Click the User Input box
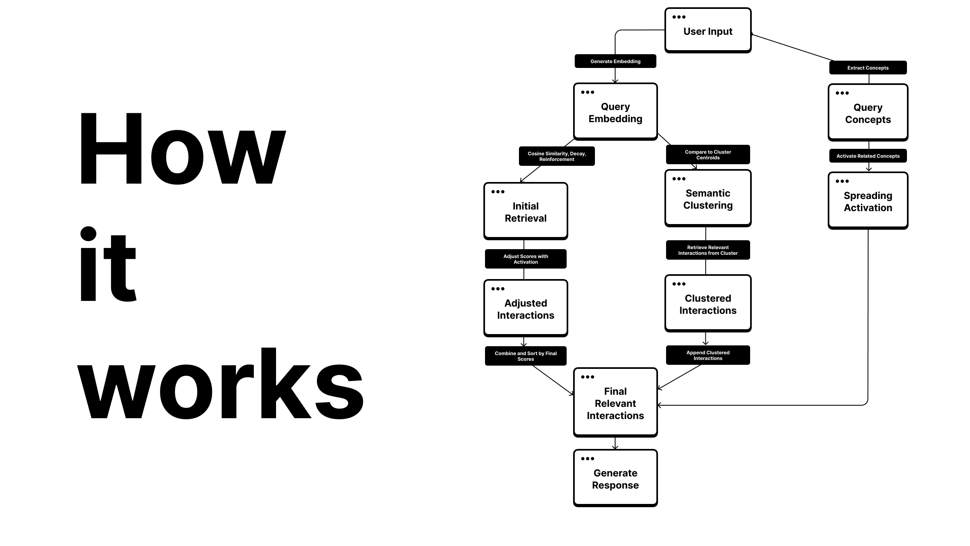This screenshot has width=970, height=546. coord(708,31)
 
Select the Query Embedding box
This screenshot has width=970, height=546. coord(615,112)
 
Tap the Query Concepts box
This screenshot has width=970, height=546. coord(868,113)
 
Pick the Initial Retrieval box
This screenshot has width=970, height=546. coord(525,212)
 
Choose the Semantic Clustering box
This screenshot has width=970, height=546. coord(708,199)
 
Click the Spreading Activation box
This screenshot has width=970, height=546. coord(868,201)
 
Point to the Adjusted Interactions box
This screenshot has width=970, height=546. coord(525,309)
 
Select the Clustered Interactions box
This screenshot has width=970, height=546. coord(708,304)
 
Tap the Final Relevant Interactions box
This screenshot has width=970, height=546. coord(615,403)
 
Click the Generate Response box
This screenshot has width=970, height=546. coord(615,478)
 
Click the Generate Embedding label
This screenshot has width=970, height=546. coord(615,61)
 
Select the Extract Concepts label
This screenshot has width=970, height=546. coord(868,68)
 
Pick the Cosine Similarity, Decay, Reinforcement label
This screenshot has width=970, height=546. coord(557,156)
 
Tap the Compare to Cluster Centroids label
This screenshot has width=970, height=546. coord(708,154)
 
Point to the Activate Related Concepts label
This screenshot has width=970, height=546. coord(868,156)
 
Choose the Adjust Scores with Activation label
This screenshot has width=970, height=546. coord(525,259)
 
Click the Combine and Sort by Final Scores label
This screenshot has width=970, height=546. coord(525,356)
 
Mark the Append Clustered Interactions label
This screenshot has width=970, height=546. coord(708,355)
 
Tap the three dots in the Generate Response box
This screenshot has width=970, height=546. coord(587,459)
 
